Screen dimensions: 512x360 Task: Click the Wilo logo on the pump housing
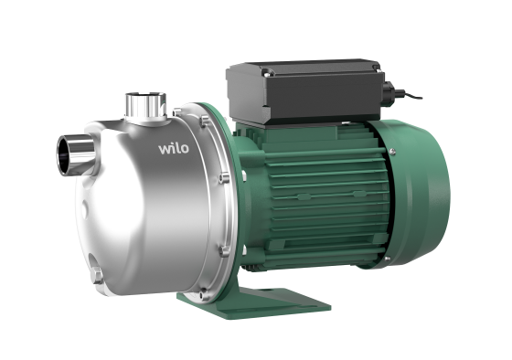[174, 149]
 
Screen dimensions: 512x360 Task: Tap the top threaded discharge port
[146, 106]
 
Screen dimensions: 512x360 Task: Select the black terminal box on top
[305, 91]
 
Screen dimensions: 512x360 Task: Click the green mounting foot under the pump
[254, 302]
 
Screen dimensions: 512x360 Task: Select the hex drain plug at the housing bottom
[97, 275]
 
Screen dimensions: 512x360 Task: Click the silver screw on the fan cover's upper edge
[392, 151]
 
